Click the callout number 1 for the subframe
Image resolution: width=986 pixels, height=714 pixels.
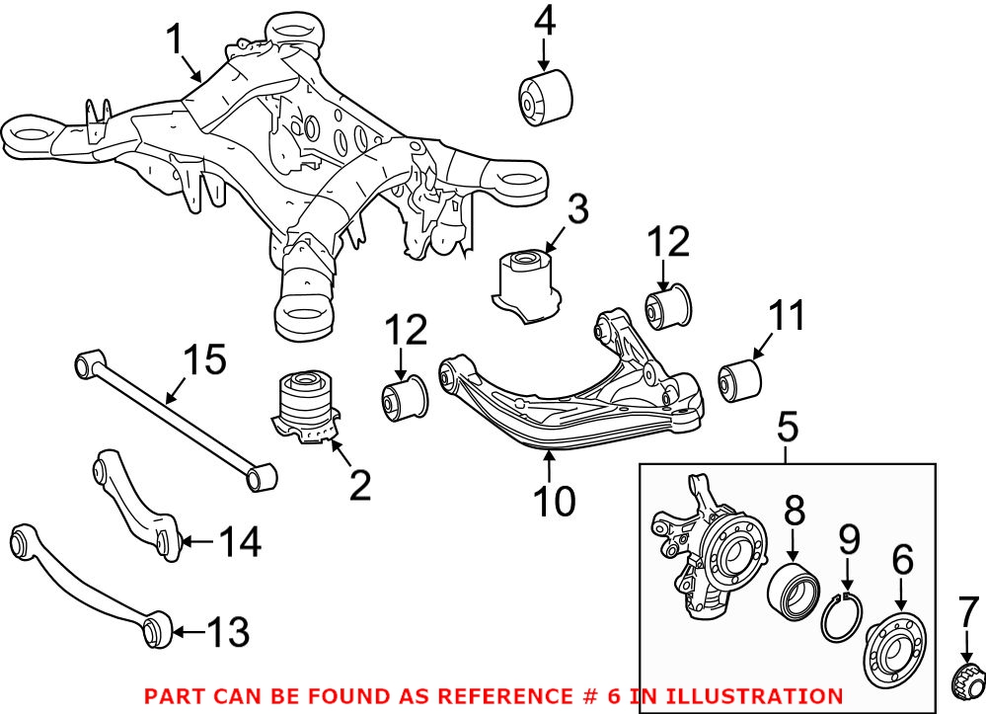[175, 40]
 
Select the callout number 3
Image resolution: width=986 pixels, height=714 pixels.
[577, 210]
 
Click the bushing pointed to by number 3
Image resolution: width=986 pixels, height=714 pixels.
[528, 281]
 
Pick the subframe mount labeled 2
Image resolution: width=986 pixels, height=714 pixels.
[309, 406]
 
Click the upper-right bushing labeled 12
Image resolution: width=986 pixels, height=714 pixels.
[670, 308]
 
